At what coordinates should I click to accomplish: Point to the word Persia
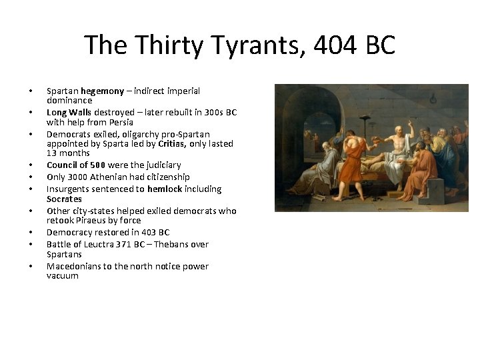click(x=120, y=122)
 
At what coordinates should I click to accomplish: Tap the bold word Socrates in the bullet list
click(x=64, y=199)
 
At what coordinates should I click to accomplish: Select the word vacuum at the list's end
click(x=63, y=275)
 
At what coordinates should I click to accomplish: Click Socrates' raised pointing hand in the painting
click(x=411, y=123)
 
